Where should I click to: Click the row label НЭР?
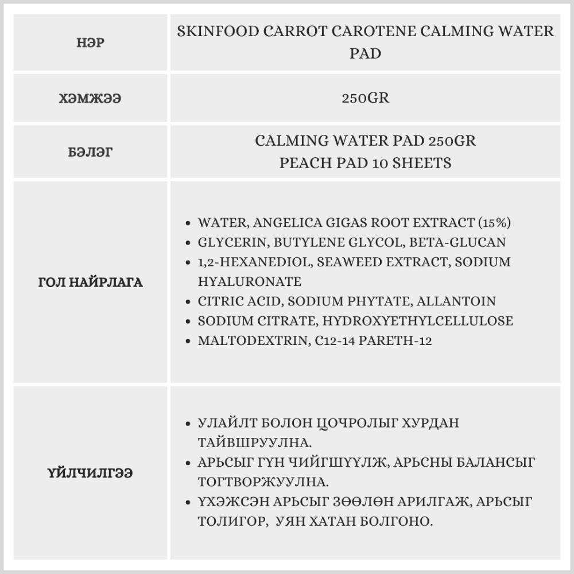90,43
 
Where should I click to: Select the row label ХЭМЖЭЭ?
90,98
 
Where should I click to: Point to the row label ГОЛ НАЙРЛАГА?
90,283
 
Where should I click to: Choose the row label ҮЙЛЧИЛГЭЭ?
90,474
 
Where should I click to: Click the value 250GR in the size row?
365,98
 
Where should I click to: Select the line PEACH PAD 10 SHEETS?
365,163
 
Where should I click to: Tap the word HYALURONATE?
249,282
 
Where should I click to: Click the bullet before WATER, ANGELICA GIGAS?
189,223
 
